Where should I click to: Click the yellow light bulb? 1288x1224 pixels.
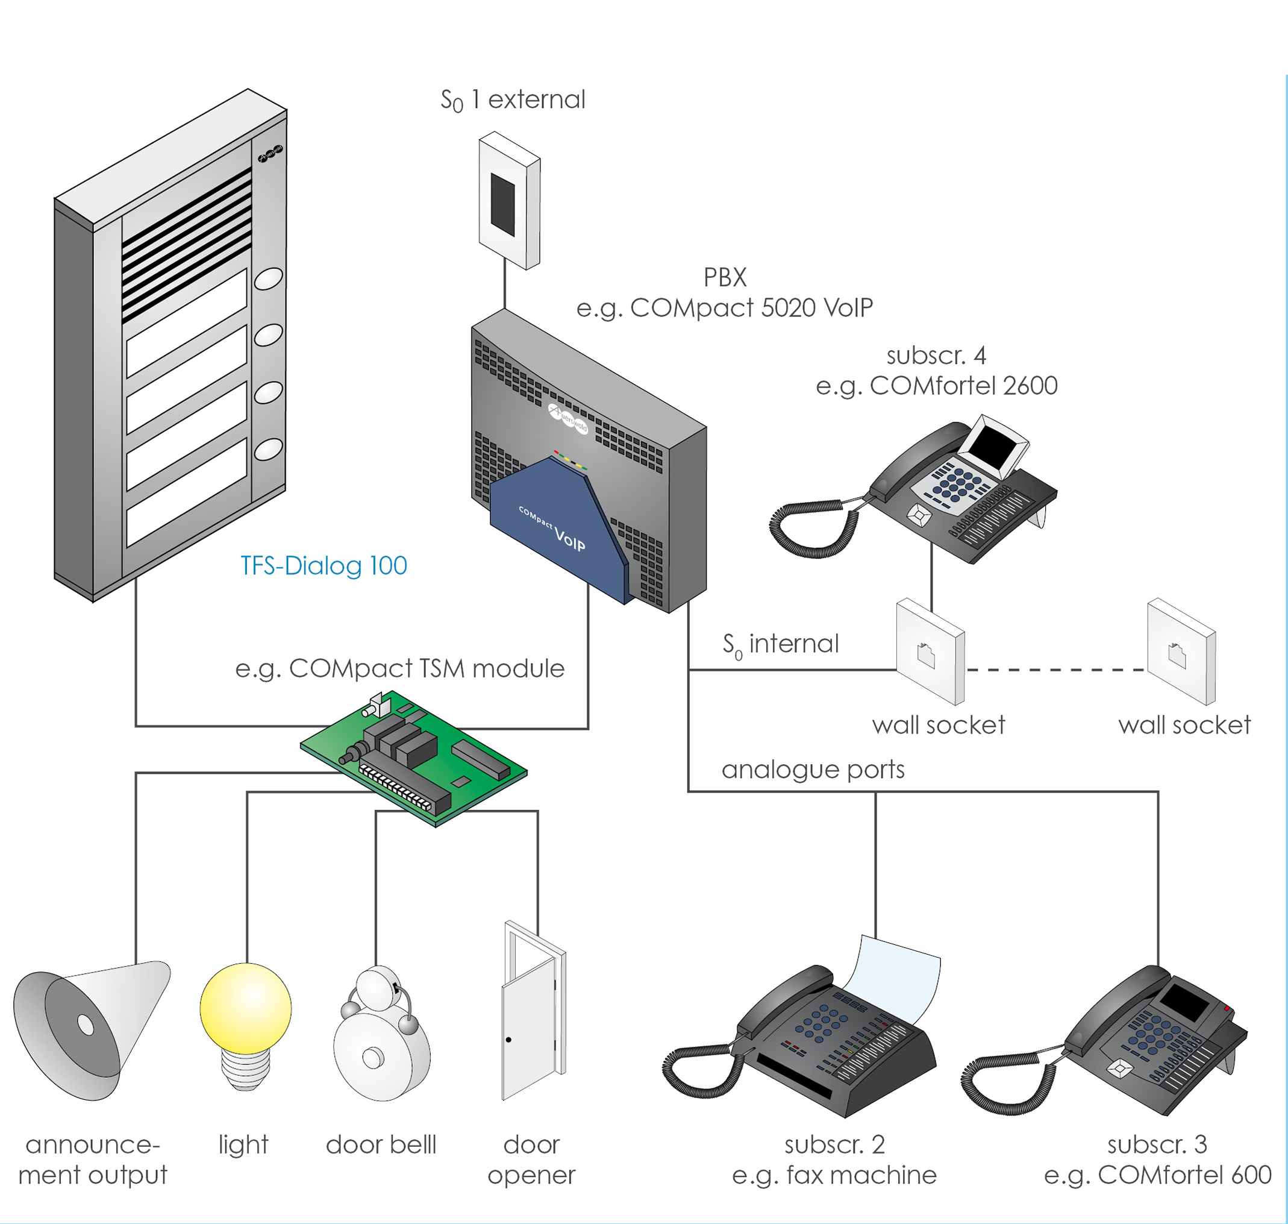tap(245, 1009)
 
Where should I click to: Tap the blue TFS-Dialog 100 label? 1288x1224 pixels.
tap(324, 566)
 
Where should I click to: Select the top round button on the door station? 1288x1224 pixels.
tap(268, 278)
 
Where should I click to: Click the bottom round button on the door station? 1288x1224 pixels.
tap(268, 450)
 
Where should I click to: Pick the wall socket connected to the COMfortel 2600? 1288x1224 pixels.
tap(930, 652)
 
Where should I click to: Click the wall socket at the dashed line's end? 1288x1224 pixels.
tap(1181, 652)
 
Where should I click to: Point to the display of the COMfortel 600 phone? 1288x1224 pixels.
tap(1184, 1002)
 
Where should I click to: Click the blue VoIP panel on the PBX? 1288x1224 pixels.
tap(554, 529)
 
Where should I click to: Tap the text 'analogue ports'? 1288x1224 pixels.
tap(813, 770)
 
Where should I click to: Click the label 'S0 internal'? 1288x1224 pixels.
tap(780, 645)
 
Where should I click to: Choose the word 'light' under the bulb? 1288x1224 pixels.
tap(243, 1145)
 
